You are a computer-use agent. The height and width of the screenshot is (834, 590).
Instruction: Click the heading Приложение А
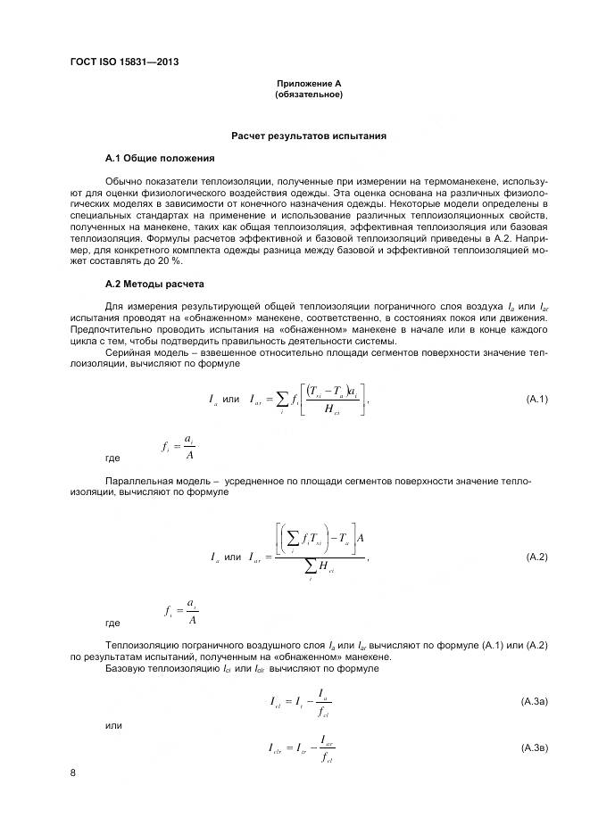[x=309, y=83]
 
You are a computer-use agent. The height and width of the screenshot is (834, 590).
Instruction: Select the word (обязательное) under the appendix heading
[x=309, y=94]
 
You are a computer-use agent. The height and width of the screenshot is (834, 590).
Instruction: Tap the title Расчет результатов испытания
[x=309, y=136]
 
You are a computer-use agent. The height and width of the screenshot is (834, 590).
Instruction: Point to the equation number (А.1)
[x=536, y=398]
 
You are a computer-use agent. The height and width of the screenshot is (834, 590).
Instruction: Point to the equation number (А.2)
[x=536, y=557]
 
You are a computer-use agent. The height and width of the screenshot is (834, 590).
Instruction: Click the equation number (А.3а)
[x=534, y=702]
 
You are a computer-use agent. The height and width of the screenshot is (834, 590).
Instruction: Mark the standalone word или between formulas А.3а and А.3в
[x=113, y=725]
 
